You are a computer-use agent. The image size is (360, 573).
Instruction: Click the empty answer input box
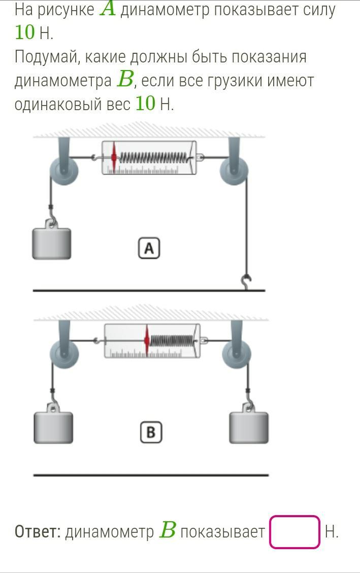point(294,532)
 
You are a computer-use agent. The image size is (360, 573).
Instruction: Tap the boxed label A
point(149,249)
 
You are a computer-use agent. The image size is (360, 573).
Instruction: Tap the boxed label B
point(150,432)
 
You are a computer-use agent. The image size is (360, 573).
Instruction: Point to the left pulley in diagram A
point(63,170)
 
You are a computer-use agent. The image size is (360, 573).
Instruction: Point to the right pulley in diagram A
point(234,170)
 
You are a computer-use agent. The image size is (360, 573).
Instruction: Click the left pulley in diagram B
point(64,352)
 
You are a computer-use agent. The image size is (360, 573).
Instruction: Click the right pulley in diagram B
point(236,352)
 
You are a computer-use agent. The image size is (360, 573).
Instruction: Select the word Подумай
point(46,56)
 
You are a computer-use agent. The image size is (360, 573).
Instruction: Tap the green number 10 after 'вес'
point(145,104)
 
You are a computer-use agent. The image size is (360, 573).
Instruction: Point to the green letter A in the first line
point(108,10)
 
